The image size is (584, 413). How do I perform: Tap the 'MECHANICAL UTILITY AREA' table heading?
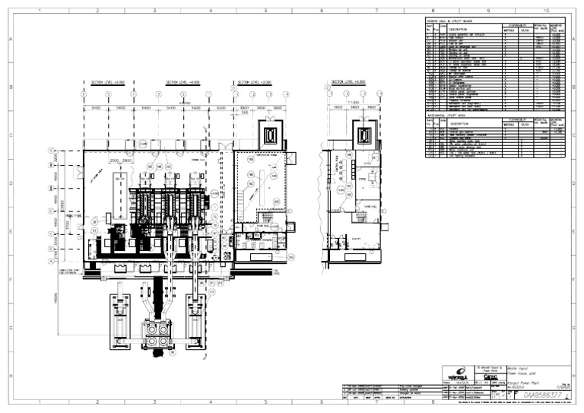(453, 115)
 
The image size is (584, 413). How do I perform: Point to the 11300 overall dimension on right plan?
(353, 101)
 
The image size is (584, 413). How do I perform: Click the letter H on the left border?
(9, 373)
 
